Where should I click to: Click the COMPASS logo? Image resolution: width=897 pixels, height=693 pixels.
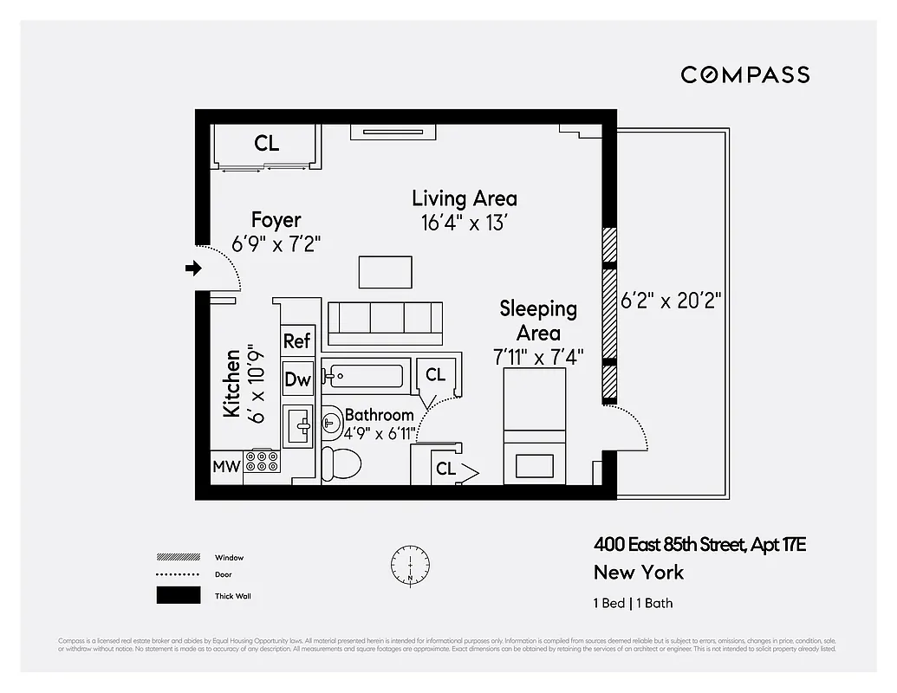pyautogui.click(x=744, y=74)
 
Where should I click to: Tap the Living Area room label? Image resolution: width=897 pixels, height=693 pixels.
pyautogui.click(x=464, y=198)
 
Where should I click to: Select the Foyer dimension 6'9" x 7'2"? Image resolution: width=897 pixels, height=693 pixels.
pyautogui.click(x=276, y=244)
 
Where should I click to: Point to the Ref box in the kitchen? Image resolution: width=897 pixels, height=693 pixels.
pyautogui.click(x=297, y=340)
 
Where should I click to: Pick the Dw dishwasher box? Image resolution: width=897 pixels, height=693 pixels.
pyautogui.click(x=297, y=379)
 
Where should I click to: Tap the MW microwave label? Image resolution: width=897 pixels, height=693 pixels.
pyautogui.click(x=226, y=467)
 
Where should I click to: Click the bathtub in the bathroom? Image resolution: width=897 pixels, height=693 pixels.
pyautogui.click(x=363, y=376)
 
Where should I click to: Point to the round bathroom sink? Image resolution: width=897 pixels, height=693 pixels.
pyautogui.click(x=332, y=424)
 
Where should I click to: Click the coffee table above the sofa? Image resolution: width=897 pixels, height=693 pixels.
pyautogui.click(x=386, y=272)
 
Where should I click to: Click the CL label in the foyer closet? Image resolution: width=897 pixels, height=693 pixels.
pyautogui.click(x=266, y=143)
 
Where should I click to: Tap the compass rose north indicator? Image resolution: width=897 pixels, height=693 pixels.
pyautogui.click(x=409, y=563)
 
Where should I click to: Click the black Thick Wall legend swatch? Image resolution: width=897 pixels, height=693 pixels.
pyautogui.click(x=178, y=596)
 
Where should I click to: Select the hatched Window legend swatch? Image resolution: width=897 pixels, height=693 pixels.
pyautogui.click(x=178, y=557)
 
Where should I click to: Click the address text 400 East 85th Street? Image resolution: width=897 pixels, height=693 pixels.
pyautogui.click(x=669, y=545)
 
